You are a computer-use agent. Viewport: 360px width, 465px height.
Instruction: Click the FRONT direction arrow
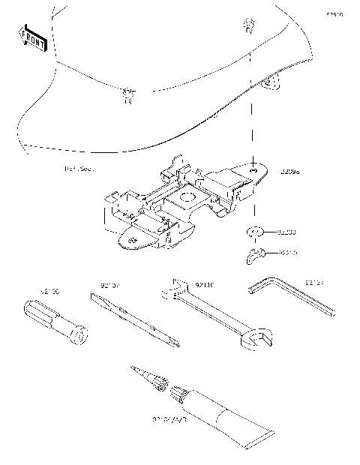pyautogui.click(x=32, y=37)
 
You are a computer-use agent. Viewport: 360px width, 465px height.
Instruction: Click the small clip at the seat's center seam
pyautogui.click(x=127, y=94)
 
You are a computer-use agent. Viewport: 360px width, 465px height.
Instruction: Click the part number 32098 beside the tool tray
pyautogui.click(x=289, y=172)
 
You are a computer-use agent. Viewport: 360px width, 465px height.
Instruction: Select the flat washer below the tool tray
pyautogui.click(x=254, y=232)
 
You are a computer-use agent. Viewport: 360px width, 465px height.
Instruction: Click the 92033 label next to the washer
pyautogui.click(x=288, y=232)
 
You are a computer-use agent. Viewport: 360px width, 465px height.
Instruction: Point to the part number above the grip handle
pyautogui.click(x=49, y=289)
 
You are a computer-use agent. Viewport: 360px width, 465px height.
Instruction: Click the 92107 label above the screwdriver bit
pyautogui.click(x=110, y=285)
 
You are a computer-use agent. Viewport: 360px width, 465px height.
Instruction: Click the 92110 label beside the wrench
pyautogui.click(x=205, y=286)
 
